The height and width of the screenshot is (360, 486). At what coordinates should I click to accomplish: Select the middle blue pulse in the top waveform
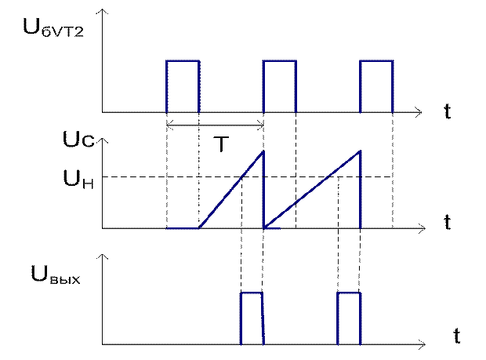click(278, 86)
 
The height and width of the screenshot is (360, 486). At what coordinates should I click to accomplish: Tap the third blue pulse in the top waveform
click(375, 86)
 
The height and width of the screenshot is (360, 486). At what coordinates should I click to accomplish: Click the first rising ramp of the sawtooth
click(232, 190)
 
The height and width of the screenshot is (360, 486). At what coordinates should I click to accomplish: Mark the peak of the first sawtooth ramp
click(263, 151)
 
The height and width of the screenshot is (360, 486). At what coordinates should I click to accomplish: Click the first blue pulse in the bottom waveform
click(252, 318)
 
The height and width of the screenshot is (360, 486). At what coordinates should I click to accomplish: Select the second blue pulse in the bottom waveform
click(349, 318)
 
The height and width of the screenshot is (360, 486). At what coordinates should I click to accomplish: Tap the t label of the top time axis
click(447, 112)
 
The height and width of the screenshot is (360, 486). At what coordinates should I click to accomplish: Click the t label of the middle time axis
click(447, 222)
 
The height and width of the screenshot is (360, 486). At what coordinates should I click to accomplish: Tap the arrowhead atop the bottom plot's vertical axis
click(102, 258)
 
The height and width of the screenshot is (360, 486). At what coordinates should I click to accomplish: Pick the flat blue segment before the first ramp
click(183, 229)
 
